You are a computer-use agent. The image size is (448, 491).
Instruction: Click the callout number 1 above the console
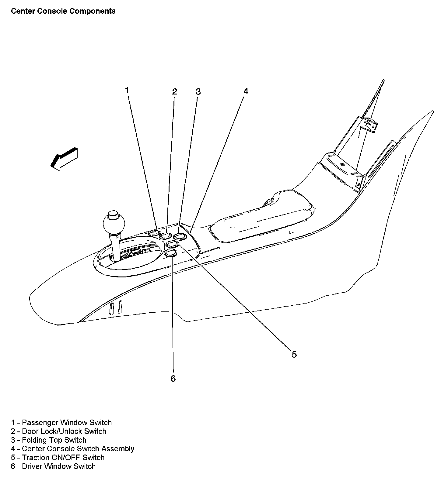click(x=127, y=90)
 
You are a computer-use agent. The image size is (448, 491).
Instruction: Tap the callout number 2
click(x=174, y=91)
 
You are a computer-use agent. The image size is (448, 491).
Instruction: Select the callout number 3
click(x=198, y=91)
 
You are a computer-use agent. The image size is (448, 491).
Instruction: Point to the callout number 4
click(x=246, y=91)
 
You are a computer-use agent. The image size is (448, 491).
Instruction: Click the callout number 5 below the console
click(x=294, y=354)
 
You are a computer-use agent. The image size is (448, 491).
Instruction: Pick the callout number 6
click(x=173, y=379)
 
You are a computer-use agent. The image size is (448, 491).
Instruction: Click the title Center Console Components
click(x=63, y=11)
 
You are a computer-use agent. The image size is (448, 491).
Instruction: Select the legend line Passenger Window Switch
click(x=61, y=422)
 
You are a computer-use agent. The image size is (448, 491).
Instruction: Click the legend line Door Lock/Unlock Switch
click(x=59, y=431)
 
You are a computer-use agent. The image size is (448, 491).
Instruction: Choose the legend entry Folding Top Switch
click(x=49, y=440)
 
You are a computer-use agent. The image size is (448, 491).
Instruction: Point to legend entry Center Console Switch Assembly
click(x=73, y=449)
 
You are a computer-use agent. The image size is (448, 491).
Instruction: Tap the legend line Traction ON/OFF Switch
click(x=58, y=458)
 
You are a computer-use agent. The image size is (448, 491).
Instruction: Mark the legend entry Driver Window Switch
click(x=53, y=466)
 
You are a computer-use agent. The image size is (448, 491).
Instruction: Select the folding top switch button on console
click(x=180, y=236)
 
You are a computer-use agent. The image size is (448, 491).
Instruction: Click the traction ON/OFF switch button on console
click(x=173, y=244)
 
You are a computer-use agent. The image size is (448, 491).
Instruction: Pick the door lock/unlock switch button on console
click(x=166, y=235)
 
